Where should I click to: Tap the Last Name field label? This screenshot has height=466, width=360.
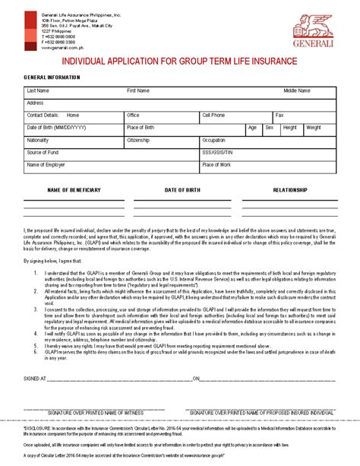coord(39,90)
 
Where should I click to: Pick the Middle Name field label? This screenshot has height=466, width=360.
coord(297,90)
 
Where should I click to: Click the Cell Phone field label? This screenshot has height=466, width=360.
coord(213,115)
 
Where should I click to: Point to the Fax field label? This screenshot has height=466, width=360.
coord(279,115)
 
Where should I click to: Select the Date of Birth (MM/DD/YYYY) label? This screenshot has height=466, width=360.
coord(56,128)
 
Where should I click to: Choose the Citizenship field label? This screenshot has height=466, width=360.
coord(138,141)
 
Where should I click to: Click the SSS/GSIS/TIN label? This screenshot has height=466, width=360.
coord(217,153)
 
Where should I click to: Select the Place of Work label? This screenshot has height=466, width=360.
coord(216,164)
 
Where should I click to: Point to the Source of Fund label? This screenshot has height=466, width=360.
coord(43,153)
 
